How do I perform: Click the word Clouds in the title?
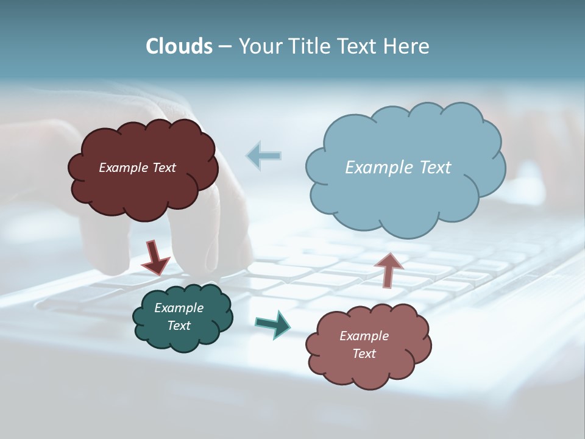click(179, 46)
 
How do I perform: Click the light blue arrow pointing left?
click(263, 155)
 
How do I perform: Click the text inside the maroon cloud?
click(137, 168)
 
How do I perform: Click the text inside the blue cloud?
click(398, 168)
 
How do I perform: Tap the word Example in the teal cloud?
click(179, 308)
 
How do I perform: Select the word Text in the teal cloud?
click(179, 326)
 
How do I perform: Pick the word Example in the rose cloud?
click(364, 336)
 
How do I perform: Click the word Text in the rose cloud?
click(364, 354)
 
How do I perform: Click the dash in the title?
click(224, 46)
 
